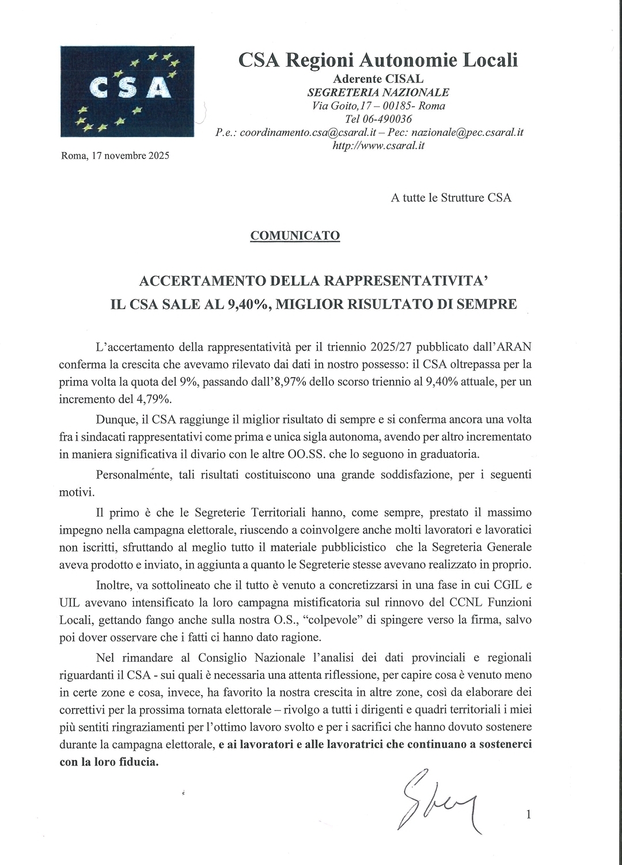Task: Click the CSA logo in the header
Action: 127,91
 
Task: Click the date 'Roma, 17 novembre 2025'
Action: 115,156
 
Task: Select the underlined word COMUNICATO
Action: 295,236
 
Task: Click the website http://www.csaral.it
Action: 378,146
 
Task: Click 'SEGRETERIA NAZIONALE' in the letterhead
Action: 378,92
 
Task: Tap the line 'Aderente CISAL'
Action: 378,79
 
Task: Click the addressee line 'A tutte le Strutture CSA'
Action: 451,198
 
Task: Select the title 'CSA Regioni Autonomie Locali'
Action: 378,60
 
